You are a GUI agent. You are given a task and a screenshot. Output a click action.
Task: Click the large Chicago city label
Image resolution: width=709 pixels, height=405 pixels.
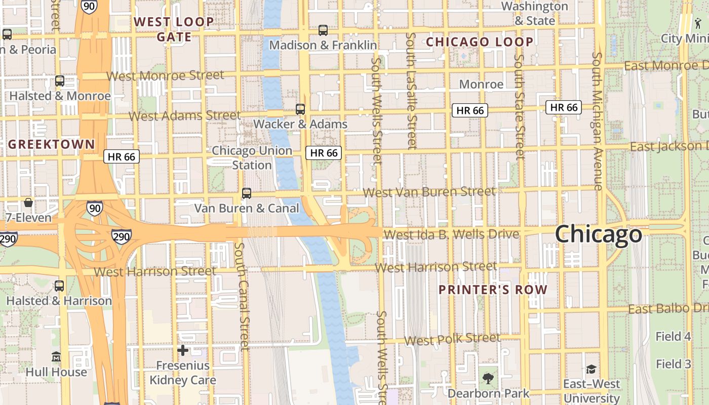click(x=598, y=234)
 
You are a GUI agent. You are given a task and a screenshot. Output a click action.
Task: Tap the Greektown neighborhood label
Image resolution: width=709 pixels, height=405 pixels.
click(x=52, y=144)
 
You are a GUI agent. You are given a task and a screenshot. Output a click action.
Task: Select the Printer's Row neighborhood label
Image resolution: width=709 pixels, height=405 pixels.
click(x=493, y=290)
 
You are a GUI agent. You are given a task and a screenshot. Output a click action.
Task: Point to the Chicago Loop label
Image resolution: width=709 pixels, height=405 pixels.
click(x=480, y=42)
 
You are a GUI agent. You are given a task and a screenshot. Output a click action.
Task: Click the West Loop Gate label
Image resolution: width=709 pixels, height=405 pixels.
click(x=174, y=29)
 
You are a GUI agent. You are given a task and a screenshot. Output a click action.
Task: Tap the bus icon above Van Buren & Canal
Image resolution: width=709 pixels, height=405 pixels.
click(x=247, y=193)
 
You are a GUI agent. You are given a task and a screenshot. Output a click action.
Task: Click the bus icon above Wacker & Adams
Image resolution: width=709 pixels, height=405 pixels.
click(x=300, y=109)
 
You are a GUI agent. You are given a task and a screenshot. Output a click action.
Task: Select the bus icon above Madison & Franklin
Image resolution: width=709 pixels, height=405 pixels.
click(x=323, y=30)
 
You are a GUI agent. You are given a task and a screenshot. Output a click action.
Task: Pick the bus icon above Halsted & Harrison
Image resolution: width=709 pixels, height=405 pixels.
click(x=59, y=286)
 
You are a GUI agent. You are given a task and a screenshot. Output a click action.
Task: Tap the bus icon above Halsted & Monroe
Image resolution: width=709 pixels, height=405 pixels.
click(x=60, y=81)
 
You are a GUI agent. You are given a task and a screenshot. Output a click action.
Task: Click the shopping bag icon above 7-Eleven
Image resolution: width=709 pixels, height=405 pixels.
click(x=28, y=203)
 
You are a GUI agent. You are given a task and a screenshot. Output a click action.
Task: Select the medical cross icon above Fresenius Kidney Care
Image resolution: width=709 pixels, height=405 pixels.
click(x=183, y=350)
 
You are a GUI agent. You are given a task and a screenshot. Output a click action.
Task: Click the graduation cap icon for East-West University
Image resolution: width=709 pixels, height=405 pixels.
click(x=591, y=369)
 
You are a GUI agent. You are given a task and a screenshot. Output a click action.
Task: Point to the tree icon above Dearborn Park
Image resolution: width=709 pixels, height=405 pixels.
click(x=488, y=378)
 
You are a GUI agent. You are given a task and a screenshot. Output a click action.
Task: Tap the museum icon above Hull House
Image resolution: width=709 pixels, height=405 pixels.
click(x=56, y=357)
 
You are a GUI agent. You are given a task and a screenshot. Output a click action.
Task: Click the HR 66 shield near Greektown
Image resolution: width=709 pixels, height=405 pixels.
click(x=122, y=156)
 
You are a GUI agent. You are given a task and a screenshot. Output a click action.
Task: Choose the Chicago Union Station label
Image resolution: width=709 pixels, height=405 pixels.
click(x=252, y=158)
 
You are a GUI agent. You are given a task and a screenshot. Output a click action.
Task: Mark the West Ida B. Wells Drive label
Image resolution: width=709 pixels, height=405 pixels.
click(x=451, y=234)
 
